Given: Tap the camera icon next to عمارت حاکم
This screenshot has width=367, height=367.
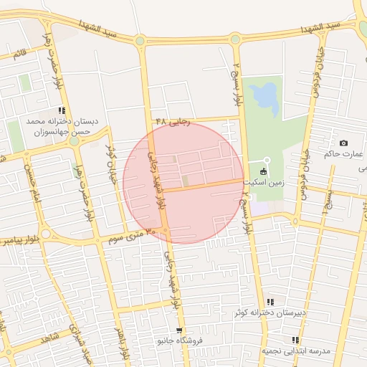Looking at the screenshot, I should tap(343, 143).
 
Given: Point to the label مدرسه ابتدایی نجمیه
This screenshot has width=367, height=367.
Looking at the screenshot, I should tap(295, 351).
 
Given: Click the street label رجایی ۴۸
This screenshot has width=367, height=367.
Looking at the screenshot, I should tap(172, 122).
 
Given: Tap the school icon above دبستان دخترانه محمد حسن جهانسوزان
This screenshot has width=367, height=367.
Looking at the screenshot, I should tap(62, 111).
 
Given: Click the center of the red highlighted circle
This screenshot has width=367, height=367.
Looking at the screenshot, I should tap(183, 183).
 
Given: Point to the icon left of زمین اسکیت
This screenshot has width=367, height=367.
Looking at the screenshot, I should tap(263, 171).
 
